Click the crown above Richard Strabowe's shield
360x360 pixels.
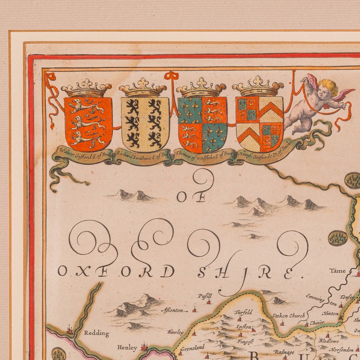pos(143,88)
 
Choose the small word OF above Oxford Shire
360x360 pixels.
pos(191,197)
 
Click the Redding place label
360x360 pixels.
pos(96,333)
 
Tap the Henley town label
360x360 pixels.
pos(127,348)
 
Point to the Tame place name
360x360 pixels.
pos(337,271)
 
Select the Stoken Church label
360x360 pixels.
pos(288,316)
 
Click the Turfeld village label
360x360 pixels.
pos(243,312)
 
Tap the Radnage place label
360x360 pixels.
pos(284,352)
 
